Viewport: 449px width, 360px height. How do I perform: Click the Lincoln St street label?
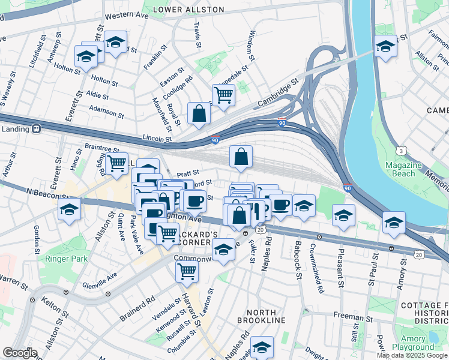click(x=158, y=139)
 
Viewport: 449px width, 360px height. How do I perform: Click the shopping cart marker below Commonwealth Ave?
click(x=187, y=271)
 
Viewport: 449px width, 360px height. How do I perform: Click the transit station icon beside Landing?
click(x=36, y=128)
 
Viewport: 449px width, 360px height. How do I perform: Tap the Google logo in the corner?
click(x=20, y=353)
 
